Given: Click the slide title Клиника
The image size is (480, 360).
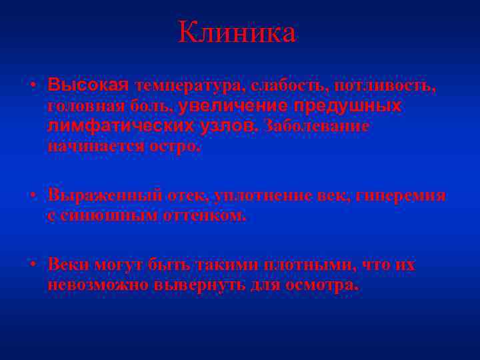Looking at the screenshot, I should (x=237, y=33).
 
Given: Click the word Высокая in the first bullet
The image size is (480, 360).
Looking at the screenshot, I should (x=87, y=85).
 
